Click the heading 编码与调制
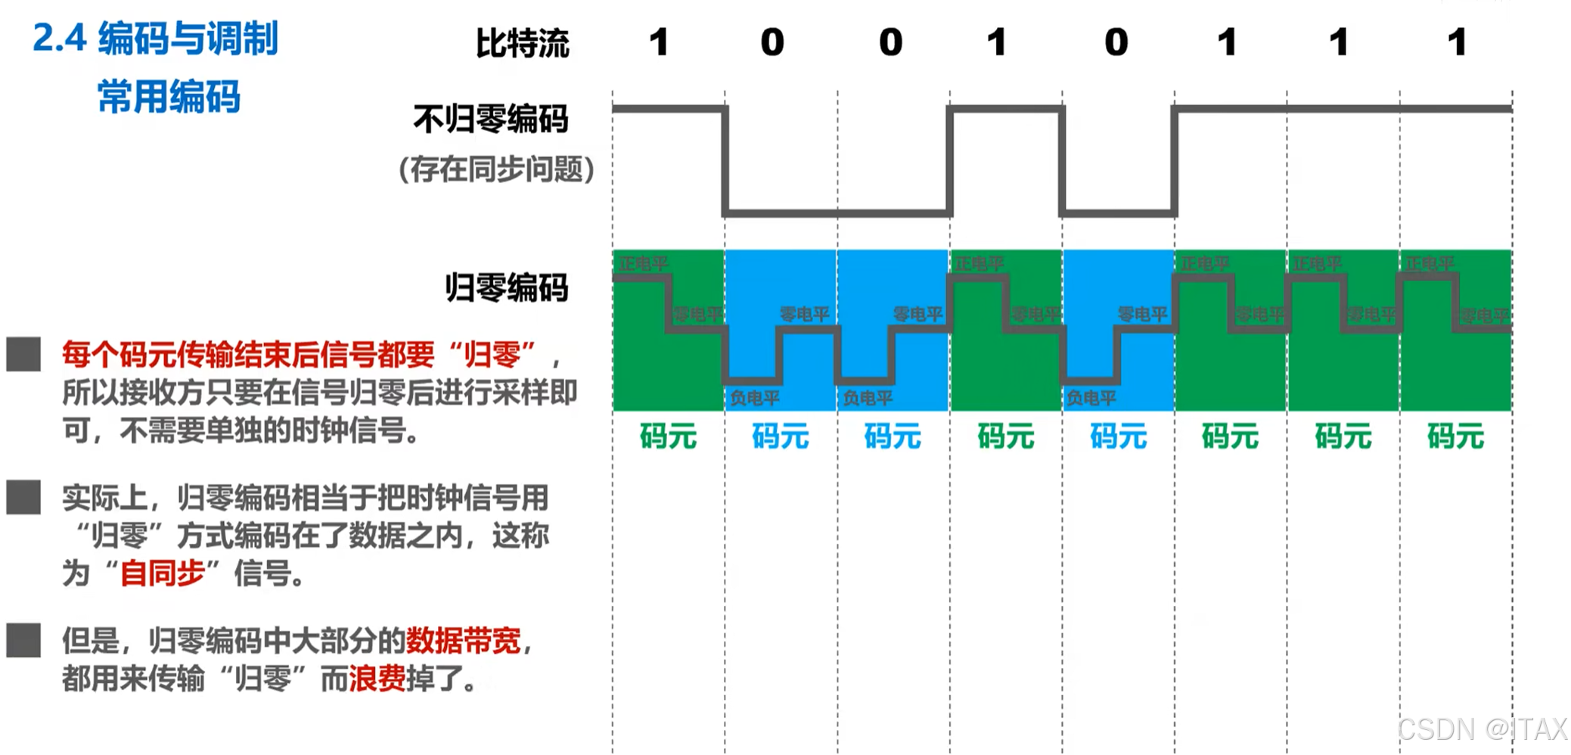point(188,39)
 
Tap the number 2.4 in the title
point(59,39)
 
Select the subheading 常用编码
point(169,97)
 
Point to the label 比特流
point(522,43)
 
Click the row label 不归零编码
point(490,119)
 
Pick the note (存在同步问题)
point(496,169)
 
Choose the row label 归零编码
point(506,288)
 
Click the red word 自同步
point(163,573)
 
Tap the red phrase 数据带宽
point(463,641)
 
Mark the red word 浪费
point(377,679)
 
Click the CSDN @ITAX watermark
point(1481,729)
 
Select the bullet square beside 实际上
point(23,497)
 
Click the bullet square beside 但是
point(23,640)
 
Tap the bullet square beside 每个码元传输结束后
point(23,354)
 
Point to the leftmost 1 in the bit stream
point(659,42)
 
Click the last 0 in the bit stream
point(1116,42)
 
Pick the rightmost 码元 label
point(1455,437)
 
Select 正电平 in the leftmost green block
point(643,264)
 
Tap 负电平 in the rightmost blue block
point(1091,398)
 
